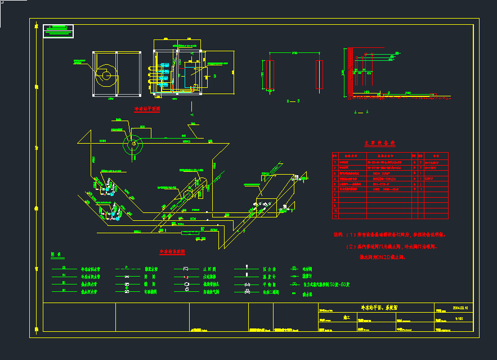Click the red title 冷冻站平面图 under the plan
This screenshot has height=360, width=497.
coord(146,109)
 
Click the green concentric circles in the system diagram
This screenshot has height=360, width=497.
coord(133,144)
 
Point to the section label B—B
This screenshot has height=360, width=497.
coord(293,101)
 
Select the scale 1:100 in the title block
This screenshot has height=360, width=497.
coord(459,319)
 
